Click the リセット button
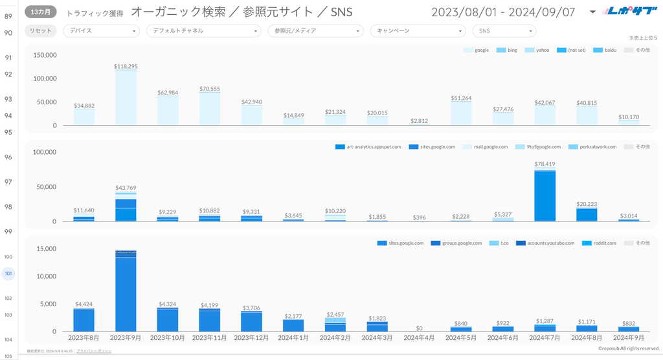pos(40,30)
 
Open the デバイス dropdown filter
pos(102,30)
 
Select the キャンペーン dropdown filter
pos(418,30)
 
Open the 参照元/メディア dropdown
pos(315,30)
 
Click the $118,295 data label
pos(126,66)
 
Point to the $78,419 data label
pos(545,164)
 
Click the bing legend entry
pos(508,50)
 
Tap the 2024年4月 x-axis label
pos(418,337)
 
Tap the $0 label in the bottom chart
pos(418,328)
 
